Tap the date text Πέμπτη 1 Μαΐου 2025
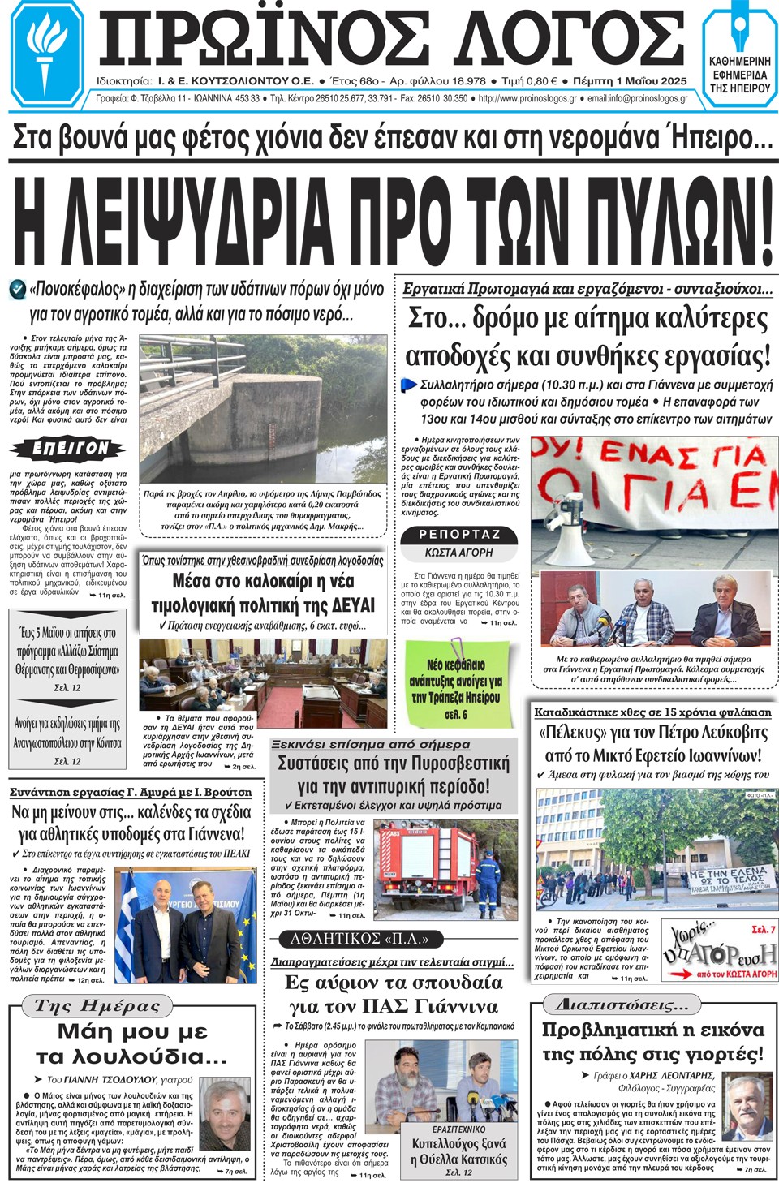click(629, 81)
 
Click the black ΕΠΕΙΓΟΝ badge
click(69, 448)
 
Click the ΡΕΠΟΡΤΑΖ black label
click(459, 534)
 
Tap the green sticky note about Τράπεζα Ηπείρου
click(457, 683)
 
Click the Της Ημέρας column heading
click(97, 1006)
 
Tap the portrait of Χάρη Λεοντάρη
click(747, 1108)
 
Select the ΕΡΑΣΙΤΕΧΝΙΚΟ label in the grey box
click(458, 1129)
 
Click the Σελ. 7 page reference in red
click(763, 929)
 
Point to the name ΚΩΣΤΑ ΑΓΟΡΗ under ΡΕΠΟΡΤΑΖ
click(458, 553)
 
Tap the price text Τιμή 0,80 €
click(529, 81)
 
